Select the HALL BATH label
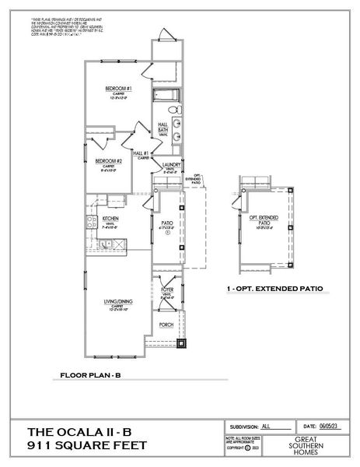164,128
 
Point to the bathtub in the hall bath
165,97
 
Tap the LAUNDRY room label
172,166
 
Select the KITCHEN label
110,219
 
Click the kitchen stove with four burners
90,224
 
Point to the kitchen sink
90,239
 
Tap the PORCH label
166,325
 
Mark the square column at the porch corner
182,342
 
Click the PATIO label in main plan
166,223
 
